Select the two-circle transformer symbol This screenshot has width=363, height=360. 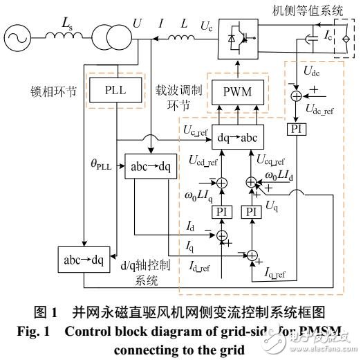(x=109, y=32)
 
